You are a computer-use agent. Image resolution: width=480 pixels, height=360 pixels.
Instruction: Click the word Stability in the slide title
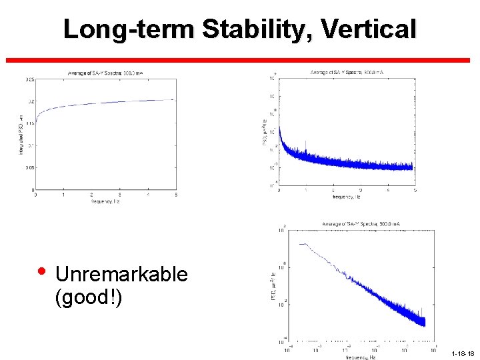(256, 29)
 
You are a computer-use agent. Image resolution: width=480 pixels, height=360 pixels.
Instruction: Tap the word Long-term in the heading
(129, 29)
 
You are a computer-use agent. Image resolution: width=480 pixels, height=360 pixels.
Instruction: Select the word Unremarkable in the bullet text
(121, 274)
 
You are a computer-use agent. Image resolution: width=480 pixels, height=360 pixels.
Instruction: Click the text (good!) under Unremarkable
(89, 296)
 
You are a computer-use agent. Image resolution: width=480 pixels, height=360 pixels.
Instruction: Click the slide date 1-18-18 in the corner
(462, 354)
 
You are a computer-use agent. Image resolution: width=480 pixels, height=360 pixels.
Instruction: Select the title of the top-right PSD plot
(347, 72)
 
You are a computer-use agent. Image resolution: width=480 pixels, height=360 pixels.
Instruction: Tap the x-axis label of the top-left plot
(105, 201)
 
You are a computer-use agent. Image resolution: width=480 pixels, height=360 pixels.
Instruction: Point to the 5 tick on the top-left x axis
(175, 195)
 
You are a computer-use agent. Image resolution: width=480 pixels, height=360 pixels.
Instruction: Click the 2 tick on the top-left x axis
(91, 195)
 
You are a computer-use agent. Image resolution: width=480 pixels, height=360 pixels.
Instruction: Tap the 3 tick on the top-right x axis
(361, 191)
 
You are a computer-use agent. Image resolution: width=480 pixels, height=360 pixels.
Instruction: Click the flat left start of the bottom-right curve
(303, 244)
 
